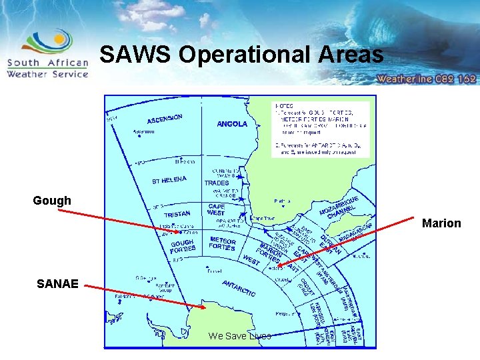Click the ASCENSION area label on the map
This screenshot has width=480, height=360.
click(165, 119)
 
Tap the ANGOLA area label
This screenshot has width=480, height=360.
click(232, 124)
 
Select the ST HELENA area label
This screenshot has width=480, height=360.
click(169, 180)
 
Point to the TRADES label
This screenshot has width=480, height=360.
click(217, 183)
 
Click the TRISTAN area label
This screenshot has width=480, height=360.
click(177, 214)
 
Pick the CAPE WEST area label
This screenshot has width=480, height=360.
click(217, 209)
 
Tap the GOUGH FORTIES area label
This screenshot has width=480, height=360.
click(182, 246)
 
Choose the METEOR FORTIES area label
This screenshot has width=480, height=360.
click(223, 243)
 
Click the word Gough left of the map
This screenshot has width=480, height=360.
click(52, 201)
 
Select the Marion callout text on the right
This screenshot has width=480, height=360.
click(441, 223)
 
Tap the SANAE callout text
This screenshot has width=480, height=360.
click(57, 284)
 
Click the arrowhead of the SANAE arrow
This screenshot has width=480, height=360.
click(204, 307)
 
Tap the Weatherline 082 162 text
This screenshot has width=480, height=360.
click(427, 79)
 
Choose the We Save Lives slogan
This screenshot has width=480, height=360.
click(240, 336)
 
